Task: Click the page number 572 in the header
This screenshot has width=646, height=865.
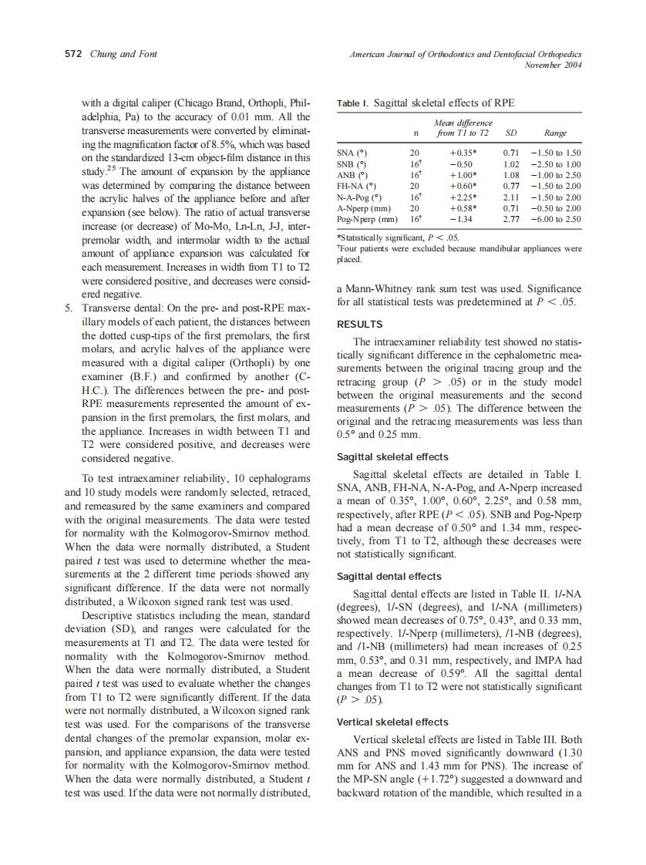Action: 76,54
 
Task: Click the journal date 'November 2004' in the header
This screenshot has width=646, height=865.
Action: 553,66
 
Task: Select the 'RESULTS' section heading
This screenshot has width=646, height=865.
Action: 360,325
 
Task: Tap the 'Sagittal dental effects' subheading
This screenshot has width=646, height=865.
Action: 389,576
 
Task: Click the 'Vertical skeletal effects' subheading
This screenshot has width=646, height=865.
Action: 392,722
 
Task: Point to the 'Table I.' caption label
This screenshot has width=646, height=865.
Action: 352,103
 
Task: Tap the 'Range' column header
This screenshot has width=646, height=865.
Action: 555,133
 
